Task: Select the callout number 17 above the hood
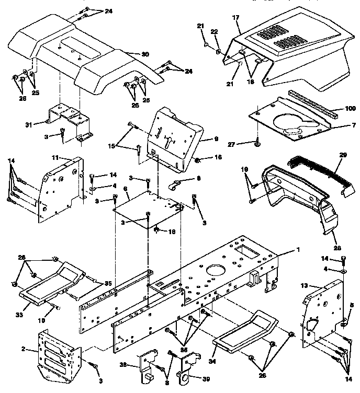(x=235, y=18)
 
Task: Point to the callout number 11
(x=55, y=157)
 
